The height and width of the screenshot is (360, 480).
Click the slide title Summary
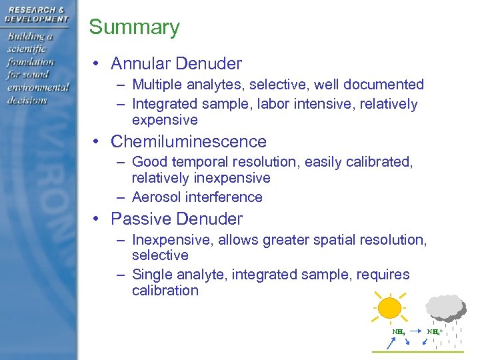[x=134, y=27]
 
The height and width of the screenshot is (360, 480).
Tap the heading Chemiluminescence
[x=188, y=141]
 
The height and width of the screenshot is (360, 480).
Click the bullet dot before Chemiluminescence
[x=97, y=142]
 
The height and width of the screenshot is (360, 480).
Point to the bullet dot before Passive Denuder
[x=97, y=219]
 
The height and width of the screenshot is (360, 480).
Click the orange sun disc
[x=389, y=309]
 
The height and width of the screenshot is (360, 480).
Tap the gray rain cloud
[x=445, y=306]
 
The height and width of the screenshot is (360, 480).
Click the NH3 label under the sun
[x=399, y=331]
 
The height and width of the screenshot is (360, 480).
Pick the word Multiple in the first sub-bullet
[x=157, y=85]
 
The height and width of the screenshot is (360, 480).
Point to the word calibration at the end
[x=165, y=291]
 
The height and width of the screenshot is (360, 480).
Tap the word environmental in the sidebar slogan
[x=38, y=87]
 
